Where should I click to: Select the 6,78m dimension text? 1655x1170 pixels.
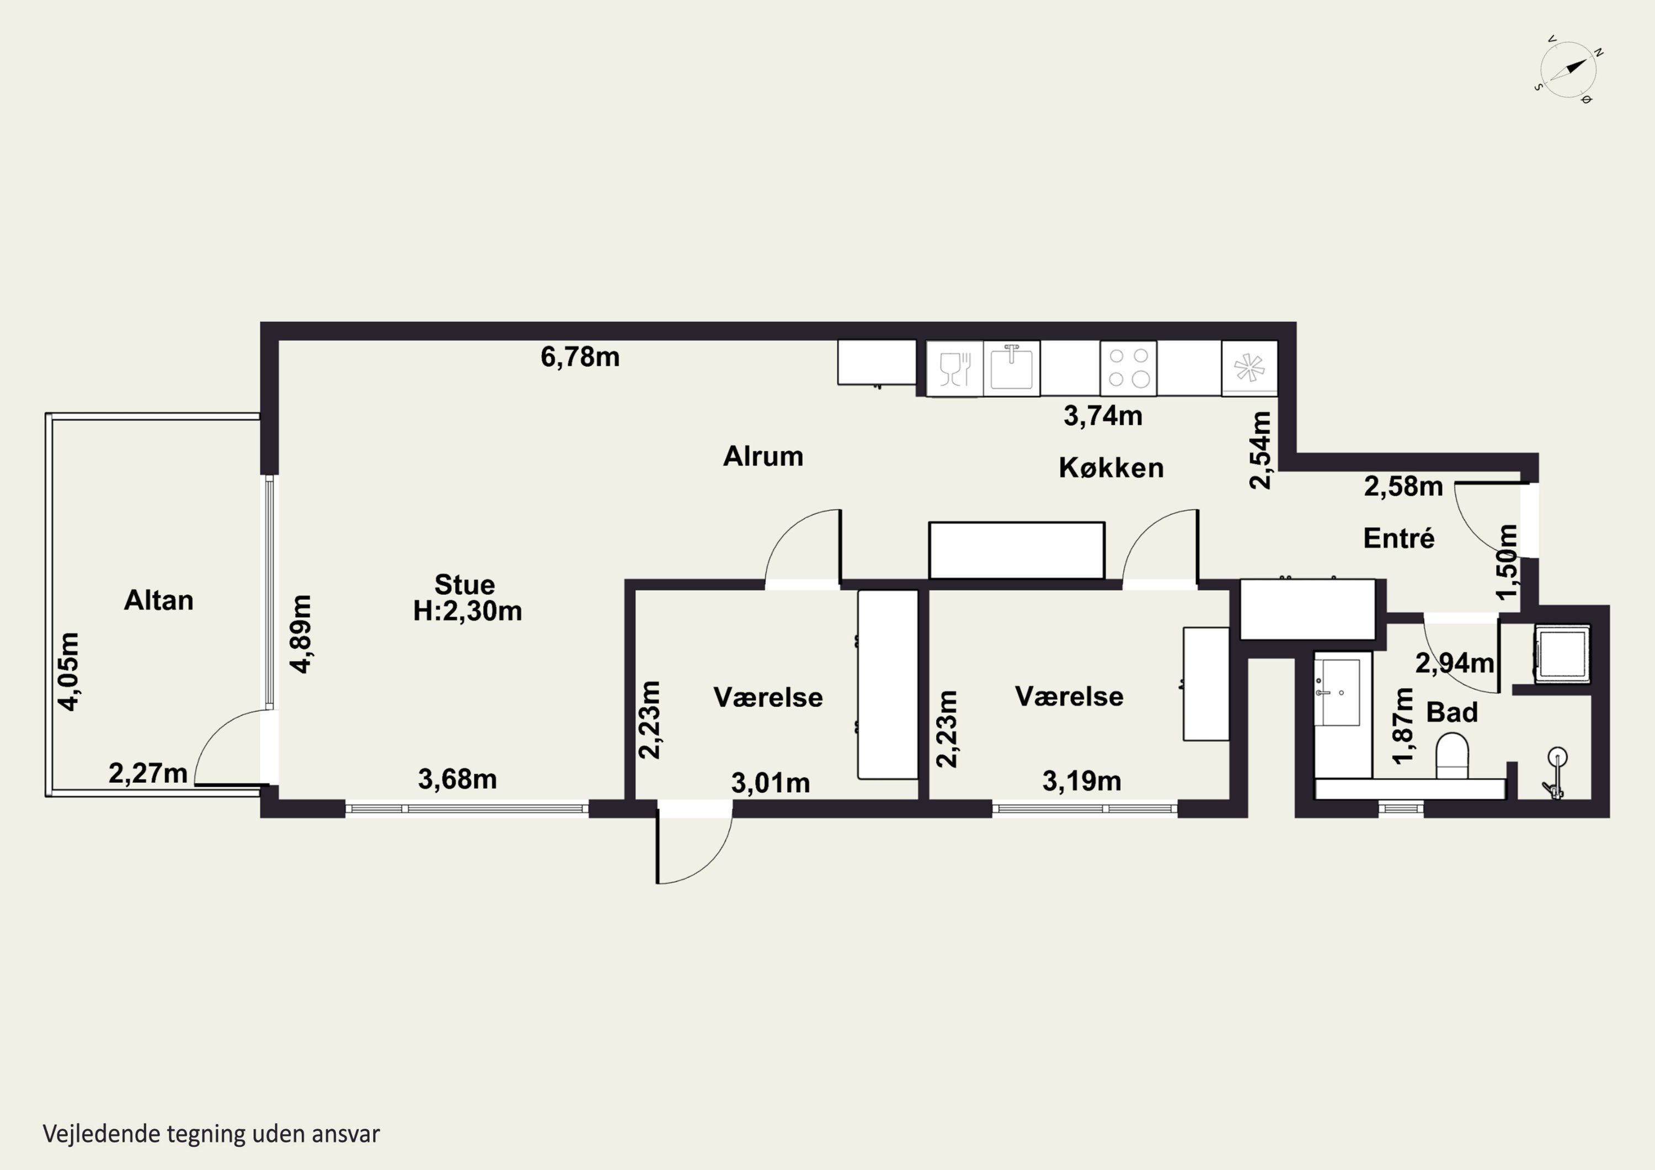click(x=580, y=357)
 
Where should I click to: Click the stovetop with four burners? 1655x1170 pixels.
click(x=1128, y=368)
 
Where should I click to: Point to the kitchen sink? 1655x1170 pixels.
click(x=1011, y=367)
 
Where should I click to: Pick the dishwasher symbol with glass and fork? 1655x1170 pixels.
click(x=955, y=368)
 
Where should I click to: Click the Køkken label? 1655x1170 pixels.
click(x=1111, y=468)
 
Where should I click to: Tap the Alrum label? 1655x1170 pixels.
click(x=764, y=456)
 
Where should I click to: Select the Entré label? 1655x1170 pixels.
click(x=1399, y=538)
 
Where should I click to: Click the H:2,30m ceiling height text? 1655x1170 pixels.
click(x=467, y=611)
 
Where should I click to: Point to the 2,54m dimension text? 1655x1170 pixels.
click(x=1260, y=451)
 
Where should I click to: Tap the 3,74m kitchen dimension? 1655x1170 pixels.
click(x=1103, y=416)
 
